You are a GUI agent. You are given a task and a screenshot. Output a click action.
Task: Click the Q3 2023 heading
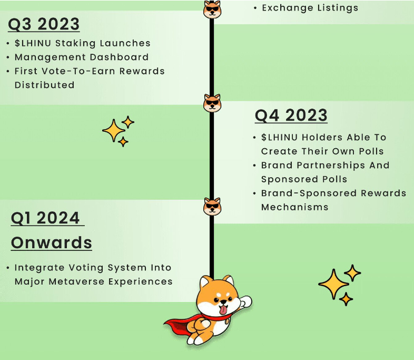pos(44,24)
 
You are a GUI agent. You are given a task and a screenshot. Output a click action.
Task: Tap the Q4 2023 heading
pos(291,115)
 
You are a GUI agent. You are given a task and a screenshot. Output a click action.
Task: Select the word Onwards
pos(52,242)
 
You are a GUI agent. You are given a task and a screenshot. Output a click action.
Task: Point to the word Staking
pos(75,44)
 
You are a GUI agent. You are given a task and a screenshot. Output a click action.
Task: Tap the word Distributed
pos(45,85)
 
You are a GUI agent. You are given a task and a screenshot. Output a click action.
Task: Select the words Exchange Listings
pos(310,8)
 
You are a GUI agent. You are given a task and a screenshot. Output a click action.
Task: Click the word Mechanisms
pos(294,207)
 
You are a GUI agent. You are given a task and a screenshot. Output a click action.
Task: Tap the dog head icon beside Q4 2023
pos(212,103)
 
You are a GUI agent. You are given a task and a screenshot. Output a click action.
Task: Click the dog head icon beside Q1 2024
pos(212,206)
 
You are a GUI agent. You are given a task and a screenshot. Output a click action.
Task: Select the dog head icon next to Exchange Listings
pos(212,9)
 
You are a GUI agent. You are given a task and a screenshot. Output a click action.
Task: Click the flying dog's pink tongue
pos(223,309)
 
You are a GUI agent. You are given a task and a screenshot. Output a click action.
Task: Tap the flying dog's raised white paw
pos(245,301)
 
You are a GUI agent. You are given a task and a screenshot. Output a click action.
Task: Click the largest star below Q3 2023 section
pos(114,131)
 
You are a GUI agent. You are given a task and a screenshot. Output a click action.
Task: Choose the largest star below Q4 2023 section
pos(334,284)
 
